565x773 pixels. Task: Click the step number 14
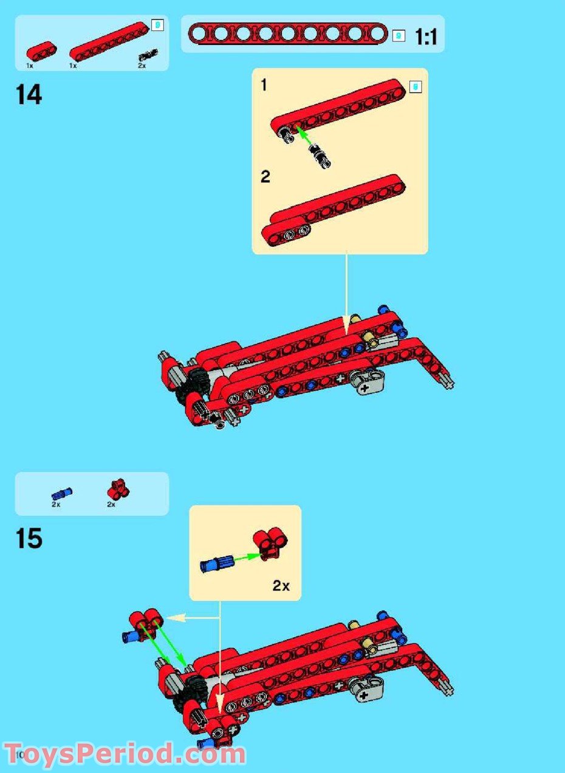pos(29,95)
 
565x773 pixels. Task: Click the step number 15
pos(29,538)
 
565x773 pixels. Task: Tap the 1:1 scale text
pos(426,38)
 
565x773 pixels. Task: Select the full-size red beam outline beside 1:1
pos(287,33)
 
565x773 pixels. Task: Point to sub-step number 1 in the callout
pos(264,86)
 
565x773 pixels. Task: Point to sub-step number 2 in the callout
pos(265,177)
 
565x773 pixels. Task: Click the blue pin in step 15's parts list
pos(61,494)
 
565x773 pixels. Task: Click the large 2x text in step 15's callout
pos(281,586)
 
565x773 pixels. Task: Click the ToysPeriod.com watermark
pos(125,755)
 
